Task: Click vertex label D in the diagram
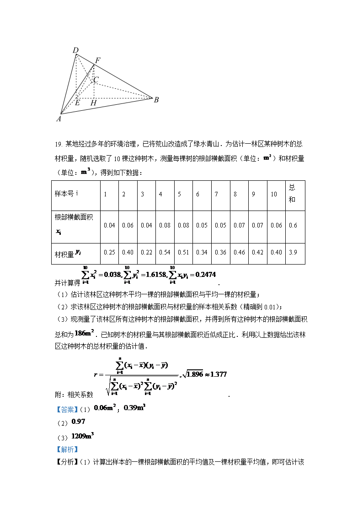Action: tap(76, 50)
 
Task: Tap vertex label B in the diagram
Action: tap(156, 100)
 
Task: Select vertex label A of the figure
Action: tap(59, 119)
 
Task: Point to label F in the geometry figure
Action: tap(97, 60)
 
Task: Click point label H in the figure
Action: tap(93, 103)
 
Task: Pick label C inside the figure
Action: tap(96, 80)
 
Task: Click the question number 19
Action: tap(58, 145)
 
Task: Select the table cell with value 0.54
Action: tap(165, 252)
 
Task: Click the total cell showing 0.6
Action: tap(293, 225)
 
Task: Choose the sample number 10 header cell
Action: tap(274, 194)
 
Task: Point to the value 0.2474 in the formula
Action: tap(205, 274)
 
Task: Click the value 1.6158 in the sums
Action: tap(151, 274)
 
